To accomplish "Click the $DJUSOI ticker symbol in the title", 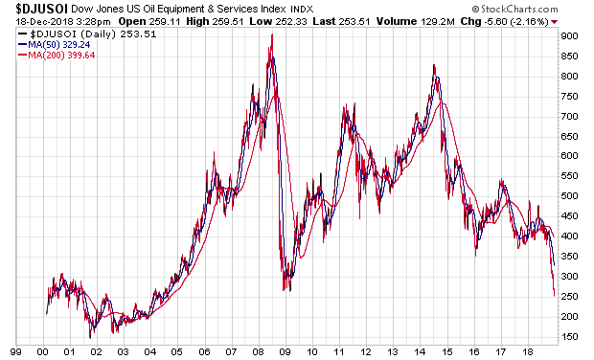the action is (x=41, y=9).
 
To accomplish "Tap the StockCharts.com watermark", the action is (x=514, y=9).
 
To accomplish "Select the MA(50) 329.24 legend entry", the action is (x=55, y=45).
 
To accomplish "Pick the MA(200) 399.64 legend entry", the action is (x=57, y=56).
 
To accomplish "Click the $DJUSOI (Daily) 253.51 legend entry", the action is (x=87, y=34).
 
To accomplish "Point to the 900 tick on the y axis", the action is (x=569, y=36).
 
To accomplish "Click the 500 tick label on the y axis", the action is (x=569, y=196).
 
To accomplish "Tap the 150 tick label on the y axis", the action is (x=569, y=336).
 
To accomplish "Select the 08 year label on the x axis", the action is (x=258, y=352).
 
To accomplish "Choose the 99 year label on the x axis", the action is (x=16, y=352).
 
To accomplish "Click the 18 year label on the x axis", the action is (x=527, y=352).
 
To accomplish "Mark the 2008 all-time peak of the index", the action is (x=272, y=34).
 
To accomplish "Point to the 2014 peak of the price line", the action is (x=434, y=65).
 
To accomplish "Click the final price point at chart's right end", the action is (x=555, y=296).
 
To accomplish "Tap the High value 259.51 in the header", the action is (x=228, y=22).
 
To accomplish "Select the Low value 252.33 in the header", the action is (x=291, y=22).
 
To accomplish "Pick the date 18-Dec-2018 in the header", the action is (x=44, y=22).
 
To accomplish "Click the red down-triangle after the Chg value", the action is (x=555, y=22).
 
